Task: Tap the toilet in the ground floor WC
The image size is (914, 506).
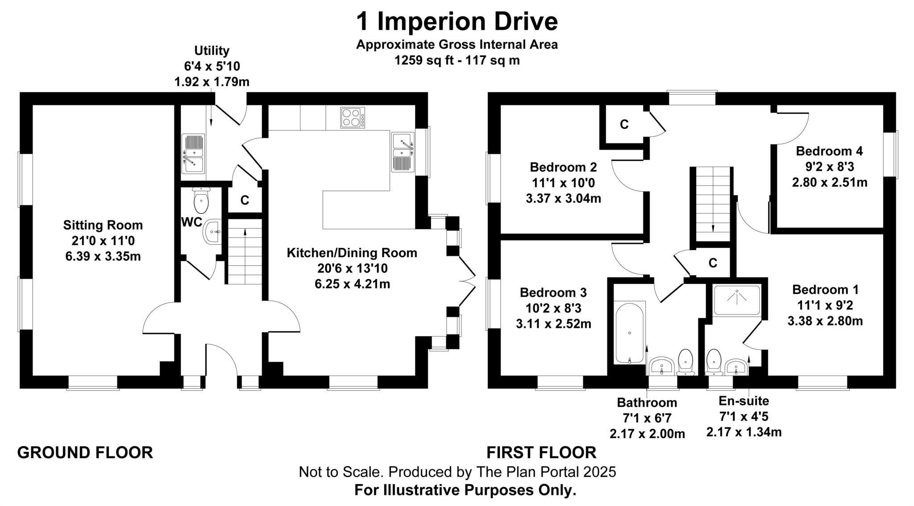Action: [x=201, y=201]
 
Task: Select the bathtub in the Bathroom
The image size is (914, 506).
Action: [x=629, y=333]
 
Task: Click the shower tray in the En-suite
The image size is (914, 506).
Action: [x=736, y=300]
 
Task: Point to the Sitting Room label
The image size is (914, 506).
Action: [x=103, y=225]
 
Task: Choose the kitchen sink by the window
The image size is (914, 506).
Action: [x=402, y=152]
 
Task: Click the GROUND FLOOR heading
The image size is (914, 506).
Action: [x=85, y=452]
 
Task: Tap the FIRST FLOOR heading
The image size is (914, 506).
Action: [x=541, y=452]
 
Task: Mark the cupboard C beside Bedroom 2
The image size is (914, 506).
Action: [x=624, y=125]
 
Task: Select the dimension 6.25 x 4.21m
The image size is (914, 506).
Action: [x=352, y=284]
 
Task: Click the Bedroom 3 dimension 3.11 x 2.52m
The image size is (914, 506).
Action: [x=553, y=324]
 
